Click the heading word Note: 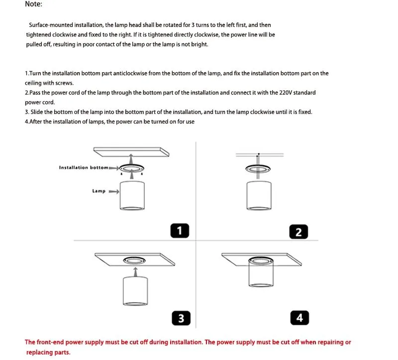pyautogui.click(x=33, y=4)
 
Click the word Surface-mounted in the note pyautogui.click(x=50, y=25)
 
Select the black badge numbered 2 pyautogui.click(x=298, y=232)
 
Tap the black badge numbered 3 pyautogui.click(x=181, y=318)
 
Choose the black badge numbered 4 pyautogui.click(x=299, y=317)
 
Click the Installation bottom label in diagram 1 pyautogui.click(x=84, y=168)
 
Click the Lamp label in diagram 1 pyautogui.click(x=99, y=191)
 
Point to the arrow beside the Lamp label pyautogui.click(x=114, y=191)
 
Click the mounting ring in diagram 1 pyautogui.click(x=132, y=168)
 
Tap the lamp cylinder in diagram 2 pyautogui.click(x=259, y=196)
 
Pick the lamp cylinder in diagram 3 pyautogui.click(x=135, y=291)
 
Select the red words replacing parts pyautogui.click(x=48, y=352)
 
